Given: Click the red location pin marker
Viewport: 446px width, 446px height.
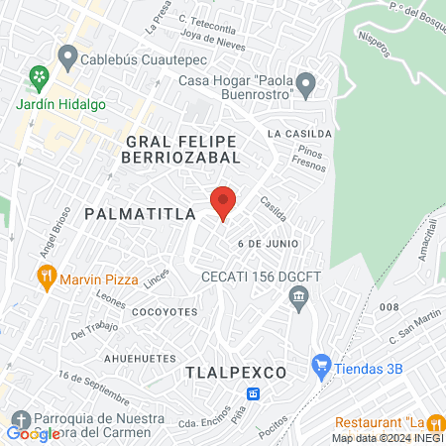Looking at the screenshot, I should [x=223, y=202].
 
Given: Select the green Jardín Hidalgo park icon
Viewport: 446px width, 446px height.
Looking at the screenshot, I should [x=39, y=75].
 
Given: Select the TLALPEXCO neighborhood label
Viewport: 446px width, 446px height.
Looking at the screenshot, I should [x=236, y=372].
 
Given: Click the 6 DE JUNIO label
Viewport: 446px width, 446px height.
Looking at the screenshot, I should [x=268, y=243].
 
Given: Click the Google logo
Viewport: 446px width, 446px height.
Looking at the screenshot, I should [x=33, y=433].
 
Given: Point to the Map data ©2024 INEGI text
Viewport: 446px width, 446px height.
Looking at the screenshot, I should [x=387, y=438].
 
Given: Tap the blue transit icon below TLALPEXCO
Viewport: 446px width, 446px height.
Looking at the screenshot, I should [x=254, y=393].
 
